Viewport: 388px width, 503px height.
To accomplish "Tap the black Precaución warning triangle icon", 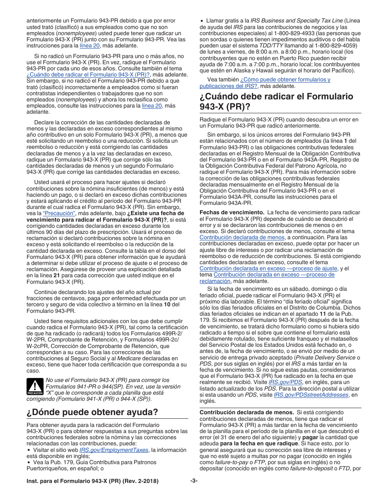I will pyautogui.click(x=35, y=386).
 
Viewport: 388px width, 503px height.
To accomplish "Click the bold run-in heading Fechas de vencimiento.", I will pyautogui.click(x=232, y=212).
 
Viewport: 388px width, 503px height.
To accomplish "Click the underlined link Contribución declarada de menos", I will pyautogui.click(x=242, y=237).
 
